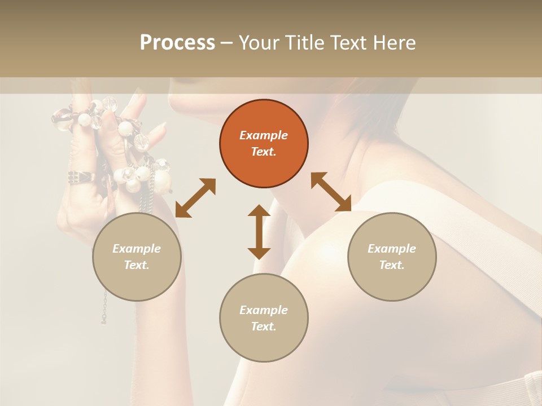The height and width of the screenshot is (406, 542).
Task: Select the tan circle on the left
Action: point(137,257)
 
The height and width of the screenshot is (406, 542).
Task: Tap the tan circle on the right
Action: point(392,257)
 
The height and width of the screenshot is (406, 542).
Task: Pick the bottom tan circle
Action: point(264,318)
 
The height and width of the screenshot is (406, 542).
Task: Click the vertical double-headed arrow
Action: point(259,232)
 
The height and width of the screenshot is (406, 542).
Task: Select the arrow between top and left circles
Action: point(195,198)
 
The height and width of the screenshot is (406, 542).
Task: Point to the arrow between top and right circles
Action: point(331,192)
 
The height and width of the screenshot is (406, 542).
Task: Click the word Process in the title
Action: point(177,42)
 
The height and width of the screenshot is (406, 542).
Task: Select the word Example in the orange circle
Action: point(264,135)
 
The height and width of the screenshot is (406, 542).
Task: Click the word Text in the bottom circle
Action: point(264,326)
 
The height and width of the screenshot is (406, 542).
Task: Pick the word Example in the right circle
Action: point(392,249)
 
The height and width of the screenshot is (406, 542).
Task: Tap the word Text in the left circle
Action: point(137,265)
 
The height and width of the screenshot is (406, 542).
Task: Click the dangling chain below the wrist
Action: point(104,307)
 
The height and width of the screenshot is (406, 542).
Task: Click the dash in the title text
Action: point(227,42)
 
